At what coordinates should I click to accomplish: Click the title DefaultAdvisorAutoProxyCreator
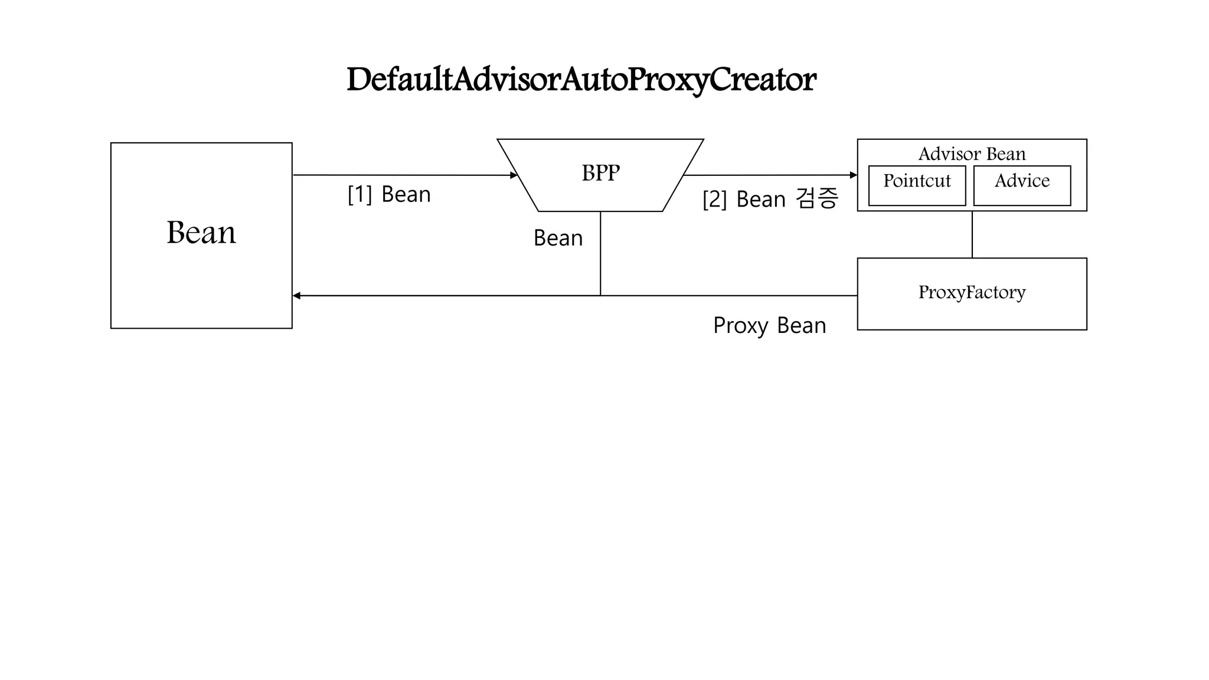581,80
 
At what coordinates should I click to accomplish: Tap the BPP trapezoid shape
600,195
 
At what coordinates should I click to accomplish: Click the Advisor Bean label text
972,154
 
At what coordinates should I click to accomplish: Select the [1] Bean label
389,194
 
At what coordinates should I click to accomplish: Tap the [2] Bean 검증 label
770,199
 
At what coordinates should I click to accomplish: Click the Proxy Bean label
769,325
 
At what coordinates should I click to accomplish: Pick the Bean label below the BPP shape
558,238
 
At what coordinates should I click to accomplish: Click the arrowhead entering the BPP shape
514,175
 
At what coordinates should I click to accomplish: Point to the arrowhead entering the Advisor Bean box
853,175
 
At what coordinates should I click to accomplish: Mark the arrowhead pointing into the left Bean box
297,296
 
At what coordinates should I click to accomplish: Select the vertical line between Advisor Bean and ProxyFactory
972,234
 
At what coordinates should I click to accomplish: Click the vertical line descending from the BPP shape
600,254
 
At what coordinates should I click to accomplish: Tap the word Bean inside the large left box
201,233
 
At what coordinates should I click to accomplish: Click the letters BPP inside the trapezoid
600,173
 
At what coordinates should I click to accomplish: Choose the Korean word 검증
817,198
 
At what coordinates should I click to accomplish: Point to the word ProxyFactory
972,292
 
